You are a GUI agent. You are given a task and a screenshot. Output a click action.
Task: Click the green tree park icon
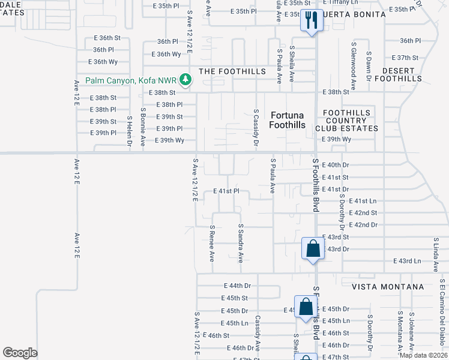click(186, 80)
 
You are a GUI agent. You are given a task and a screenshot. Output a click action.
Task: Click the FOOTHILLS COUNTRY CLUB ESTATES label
click(351, 120)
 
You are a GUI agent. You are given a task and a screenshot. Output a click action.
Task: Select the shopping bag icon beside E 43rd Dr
click(313, 248)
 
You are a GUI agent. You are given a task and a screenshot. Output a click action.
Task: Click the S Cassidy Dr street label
click(256, 128)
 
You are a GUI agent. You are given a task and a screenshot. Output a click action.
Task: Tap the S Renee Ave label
click(212, 244)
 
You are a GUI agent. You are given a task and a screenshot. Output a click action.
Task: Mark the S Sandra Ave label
click(241, 244)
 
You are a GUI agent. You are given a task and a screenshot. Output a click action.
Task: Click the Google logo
click(20, 353)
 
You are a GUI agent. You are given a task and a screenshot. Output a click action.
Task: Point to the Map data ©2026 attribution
click(423, 355)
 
